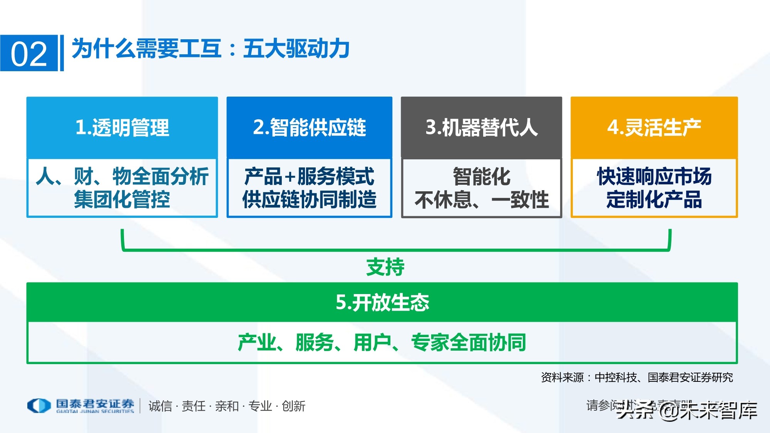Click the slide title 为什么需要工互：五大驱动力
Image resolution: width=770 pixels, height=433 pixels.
pyautogui.click(x=210, y=49)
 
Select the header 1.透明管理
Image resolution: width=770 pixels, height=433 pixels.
pyautogui.click(x=122, y=127)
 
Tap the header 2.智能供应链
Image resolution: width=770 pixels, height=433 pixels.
pyautogui.click(x=309, y=127)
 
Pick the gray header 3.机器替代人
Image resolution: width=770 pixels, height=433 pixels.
pyautogui.click(x=481, y=127)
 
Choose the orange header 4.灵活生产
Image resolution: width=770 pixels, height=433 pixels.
pyautogui.click(x=654, y=127)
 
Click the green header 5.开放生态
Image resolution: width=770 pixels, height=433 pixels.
pyautogui.click(x=382, y=303)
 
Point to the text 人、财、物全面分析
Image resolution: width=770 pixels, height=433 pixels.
pyautogui.click(x=122, y=177)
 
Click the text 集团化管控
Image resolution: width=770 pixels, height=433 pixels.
pyautogui.click(x=122, y=200)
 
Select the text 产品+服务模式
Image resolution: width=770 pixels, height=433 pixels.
pyautogui.click(x=309, y=177)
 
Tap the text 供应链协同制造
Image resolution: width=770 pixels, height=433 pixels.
pyautogui.click(x=309, y=200)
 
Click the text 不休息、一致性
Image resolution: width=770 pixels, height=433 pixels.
pyautogui.click(x=481, y=200)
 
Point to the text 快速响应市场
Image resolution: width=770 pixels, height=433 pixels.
pyautogui.click(x=654, y=177)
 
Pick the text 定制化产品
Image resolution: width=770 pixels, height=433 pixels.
pyautogui.click(x=654, y=200)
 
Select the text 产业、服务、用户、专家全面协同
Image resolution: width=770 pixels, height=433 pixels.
pyautogui.click(x=382, y=343)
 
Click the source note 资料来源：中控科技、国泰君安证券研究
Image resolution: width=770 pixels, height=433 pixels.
pyautogui.click(x=637, y=378)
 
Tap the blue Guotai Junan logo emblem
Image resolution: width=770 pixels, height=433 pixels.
pyautogui.click(x=39, y=405)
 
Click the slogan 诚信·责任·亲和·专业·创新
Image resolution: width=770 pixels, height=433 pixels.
pyautogui.click(x=227, y=406)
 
